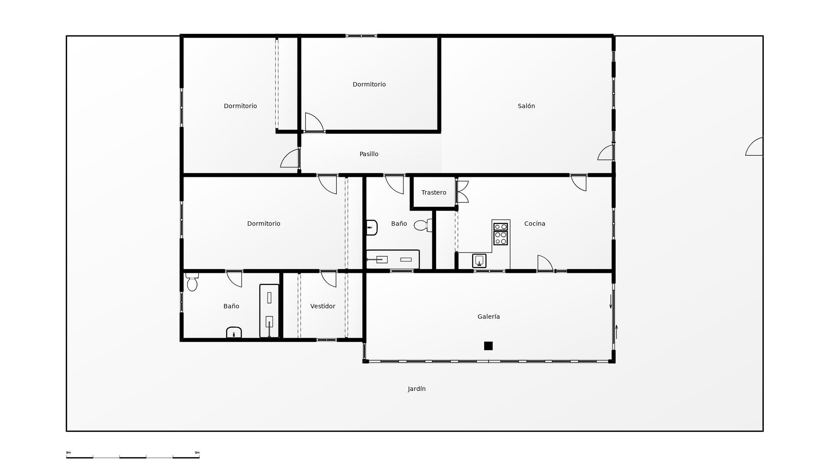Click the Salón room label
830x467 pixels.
tap(526, 106)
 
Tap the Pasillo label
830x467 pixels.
tap(369, 154)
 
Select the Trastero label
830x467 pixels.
tap(434, 192)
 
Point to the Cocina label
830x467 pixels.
tap(534, 224)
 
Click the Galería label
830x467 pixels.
tap(488, 317)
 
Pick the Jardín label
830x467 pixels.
tap(416, 389)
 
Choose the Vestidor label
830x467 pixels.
tap(322, 306)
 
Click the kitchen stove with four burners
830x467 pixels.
tap(501, 234)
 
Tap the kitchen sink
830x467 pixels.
tap(479, 261)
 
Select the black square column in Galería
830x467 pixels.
tap(488, 346)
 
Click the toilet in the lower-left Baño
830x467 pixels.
tap(192, 282)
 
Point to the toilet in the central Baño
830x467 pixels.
tap(422, 225)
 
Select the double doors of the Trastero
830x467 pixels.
tap(462, 192)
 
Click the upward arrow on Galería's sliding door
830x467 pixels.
tap(616, 332)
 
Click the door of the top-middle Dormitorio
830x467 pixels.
tap(314, 122)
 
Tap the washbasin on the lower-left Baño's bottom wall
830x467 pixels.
tap(234, 333)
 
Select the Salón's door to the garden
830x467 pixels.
tap(606, 153)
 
